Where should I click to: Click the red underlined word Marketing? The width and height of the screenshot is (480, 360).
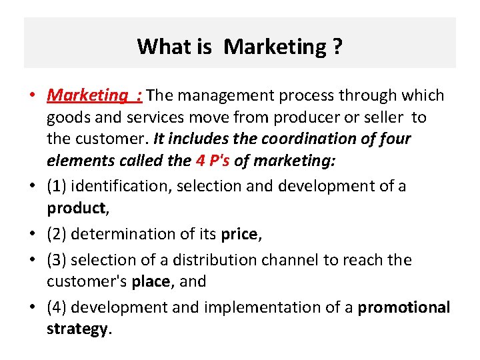86,95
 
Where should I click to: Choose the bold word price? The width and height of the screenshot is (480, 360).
239,233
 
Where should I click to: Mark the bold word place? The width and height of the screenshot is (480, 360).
151,281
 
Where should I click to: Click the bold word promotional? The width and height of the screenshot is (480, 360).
404,307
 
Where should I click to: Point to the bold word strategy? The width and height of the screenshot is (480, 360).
76,329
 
